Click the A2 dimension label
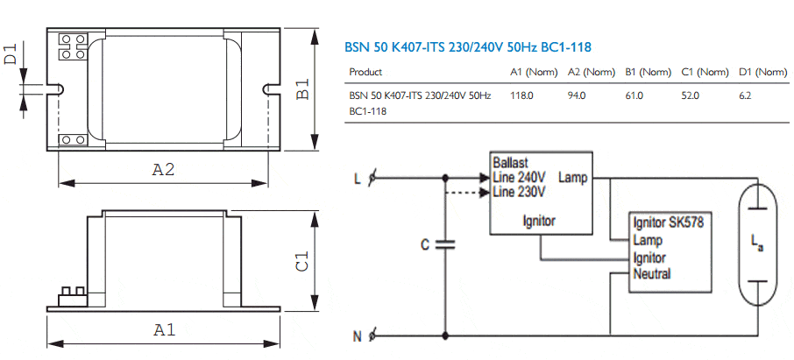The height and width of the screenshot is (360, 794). pos(164,170)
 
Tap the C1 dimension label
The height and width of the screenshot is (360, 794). pos(301,260)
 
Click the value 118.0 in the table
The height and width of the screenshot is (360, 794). pos(521,95)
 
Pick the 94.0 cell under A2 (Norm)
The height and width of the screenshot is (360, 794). pos(577,95)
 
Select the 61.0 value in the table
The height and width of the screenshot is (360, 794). pos(634,95)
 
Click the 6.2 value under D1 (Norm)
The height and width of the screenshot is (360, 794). pos(745,95)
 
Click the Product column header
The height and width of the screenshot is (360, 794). pos(365,72)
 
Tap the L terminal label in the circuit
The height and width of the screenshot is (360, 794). pos(357,180)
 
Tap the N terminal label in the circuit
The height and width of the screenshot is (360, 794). pos(357,335)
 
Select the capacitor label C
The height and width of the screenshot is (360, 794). pos(425,245)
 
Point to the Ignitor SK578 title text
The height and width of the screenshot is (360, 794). pos(668,222)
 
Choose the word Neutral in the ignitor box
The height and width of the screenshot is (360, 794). pos(652,274)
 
